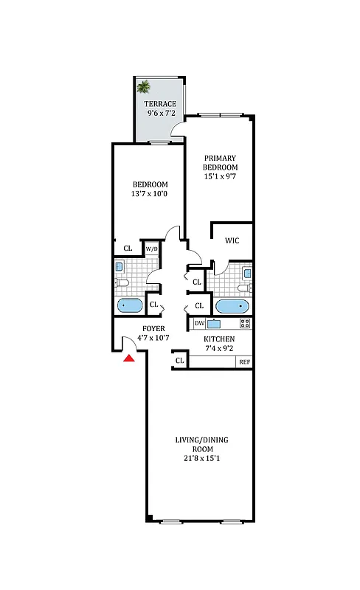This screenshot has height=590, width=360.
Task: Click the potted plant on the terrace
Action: tap(143, 86)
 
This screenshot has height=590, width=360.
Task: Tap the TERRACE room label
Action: tap(159, 103)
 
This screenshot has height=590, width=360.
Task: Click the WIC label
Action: tap(232, 240)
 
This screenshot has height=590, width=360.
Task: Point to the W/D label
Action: tap(151, 249)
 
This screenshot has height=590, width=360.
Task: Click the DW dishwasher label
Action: tap(199, 324)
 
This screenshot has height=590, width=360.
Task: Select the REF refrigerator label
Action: tap(243, 362)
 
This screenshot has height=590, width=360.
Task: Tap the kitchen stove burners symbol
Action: tap(245, 324)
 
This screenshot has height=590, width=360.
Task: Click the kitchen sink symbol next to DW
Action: tap(215, 324)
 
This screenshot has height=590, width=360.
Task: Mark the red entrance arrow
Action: tap(129, 358)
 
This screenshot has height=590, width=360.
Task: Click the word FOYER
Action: tap(153, 328)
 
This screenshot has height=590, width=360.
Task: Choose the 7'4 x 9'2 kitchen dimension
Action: tap(219, 349)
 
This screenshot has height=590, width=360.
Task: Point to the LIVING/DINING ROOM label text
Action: tap(201, 445)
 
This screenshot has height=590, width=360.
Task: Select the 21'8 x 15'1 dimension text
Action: tap(201, 458)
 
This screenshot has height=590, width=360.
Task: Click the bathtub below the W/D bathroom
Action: tap(130, 305)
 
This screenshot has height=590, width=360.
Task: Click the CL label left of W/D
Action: tap(128, 249)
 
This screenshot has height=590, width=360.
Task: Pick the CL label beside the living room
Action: tap(180, 361)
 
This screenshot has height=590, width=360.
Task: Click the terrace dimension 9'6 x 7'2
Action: tap(159, 114)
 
